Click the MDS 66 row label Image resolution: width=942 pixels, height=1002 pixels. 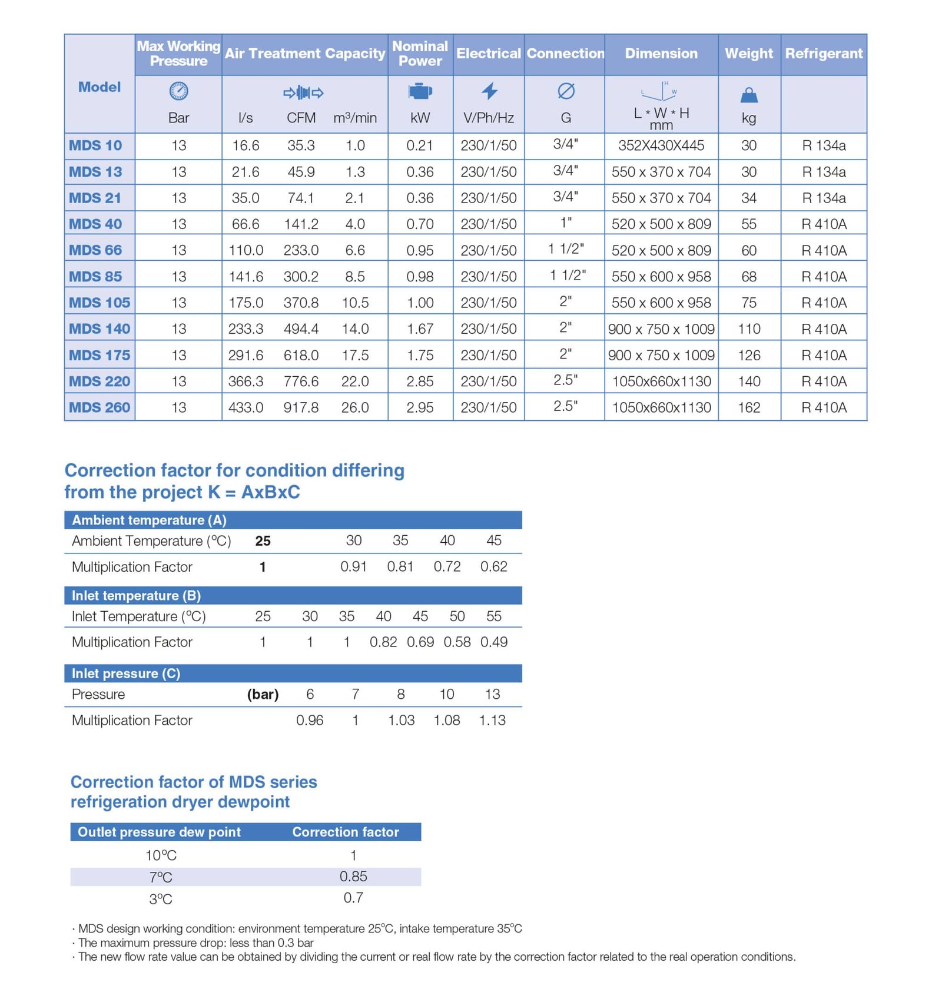click(95, 250)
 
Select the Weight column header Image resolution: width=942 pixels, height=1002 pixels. click(748, 54)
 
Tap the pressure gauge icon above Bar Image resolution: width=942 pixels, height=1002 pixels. click(178, 91)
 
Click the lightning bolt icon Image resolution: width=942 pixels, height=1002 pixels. click(489, 91)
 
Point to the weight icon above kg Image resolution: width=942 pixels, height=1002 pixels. click(748, 95)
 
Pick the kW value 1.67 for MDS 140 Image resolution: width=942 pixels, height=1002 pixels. click(420, 329)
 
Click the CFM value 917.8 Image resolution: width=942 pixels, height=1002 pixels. click(301, 407)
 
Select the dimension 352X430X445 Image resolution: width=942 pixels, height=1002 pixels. click(661, 145)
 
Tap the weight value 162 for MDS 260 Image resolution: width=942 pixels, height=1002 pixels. click(749, 407)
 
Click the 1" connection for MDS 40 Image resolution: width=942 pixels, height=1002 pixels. click(565, 223)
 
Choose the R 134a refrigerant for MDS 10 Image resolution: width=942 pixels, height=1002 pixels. click(823, 145)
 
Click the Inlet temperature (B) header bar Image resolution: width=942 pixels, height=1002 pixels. click(293, 596)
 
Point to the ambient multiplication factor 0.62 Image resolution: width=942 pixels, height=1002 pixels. click(493, 566)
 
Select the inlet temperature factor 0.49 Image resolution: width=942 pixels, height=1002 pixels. click(493, 642)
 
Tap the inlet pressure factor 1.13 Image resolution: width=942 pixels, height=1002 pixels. click(492, 720)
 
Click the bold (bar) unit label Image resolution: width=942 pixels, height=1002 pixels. click(263, 694)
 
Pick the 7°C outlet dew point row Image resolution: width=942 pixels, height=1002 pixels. click(161, 877)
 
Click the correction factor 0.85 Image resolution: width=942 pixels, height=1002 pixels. click(353, 877)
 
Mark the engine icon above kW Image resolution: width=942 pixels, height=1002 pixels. click(420, 92)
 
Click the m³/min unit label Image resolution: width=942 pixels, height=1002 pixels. click(354, 118)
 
